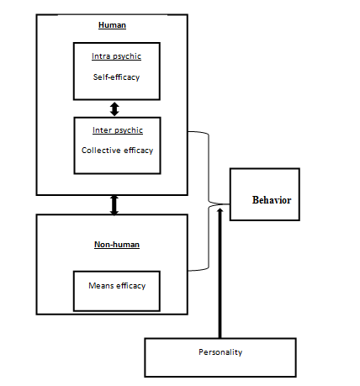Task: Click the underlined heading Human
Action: pyautogui.click(x=112, y=26)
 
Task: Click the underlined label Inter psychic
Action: pyautogui.click(x=116, y=130)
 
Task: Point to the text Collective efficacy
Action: pyautogui.click(x=117, y=151)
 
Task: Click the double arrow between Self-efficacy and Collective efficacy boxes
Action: pyautogui.click(x=114, y=108)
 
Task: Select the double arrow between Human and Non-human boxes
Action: pyautogui.click(x=114, y=204)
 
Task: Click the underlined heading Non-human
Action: pyautogui.click(x=116, y=245)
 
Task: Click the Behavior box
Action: pyautogui.click(x=264, y=194)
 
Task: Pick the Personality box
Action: pyautogui.click(x=220, y=357)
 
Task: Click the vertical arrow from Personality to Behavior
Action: pyautogui.click(x=220, y=278)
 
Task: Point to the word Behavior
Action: pyautogui.click(x=271, y=200)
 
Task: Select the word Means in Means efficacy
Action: pyautogui.click(x=102, y=286)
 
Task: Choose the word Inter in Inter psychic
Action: pyautogui.click(x=102, y=130)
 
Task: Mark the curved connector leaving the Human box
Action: pyautogui.click(x=202, y=160)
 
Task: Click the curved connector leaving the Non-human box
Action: pyautogui.click(x=202, y=248)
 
